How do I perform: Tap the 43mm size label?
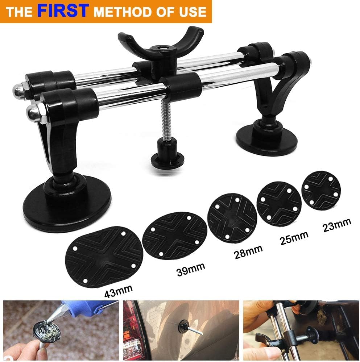tap(117, 290)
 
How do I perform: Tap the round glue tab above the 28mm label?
tap(232, 217)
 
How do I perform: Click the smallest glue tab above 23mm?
tap(321, 190)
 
